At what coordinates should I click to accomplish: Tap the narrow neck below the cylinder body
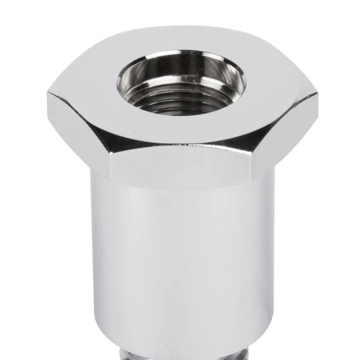[x=180, y=354]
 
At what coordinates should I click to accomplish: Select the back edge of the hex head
[x=180, y=27]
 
